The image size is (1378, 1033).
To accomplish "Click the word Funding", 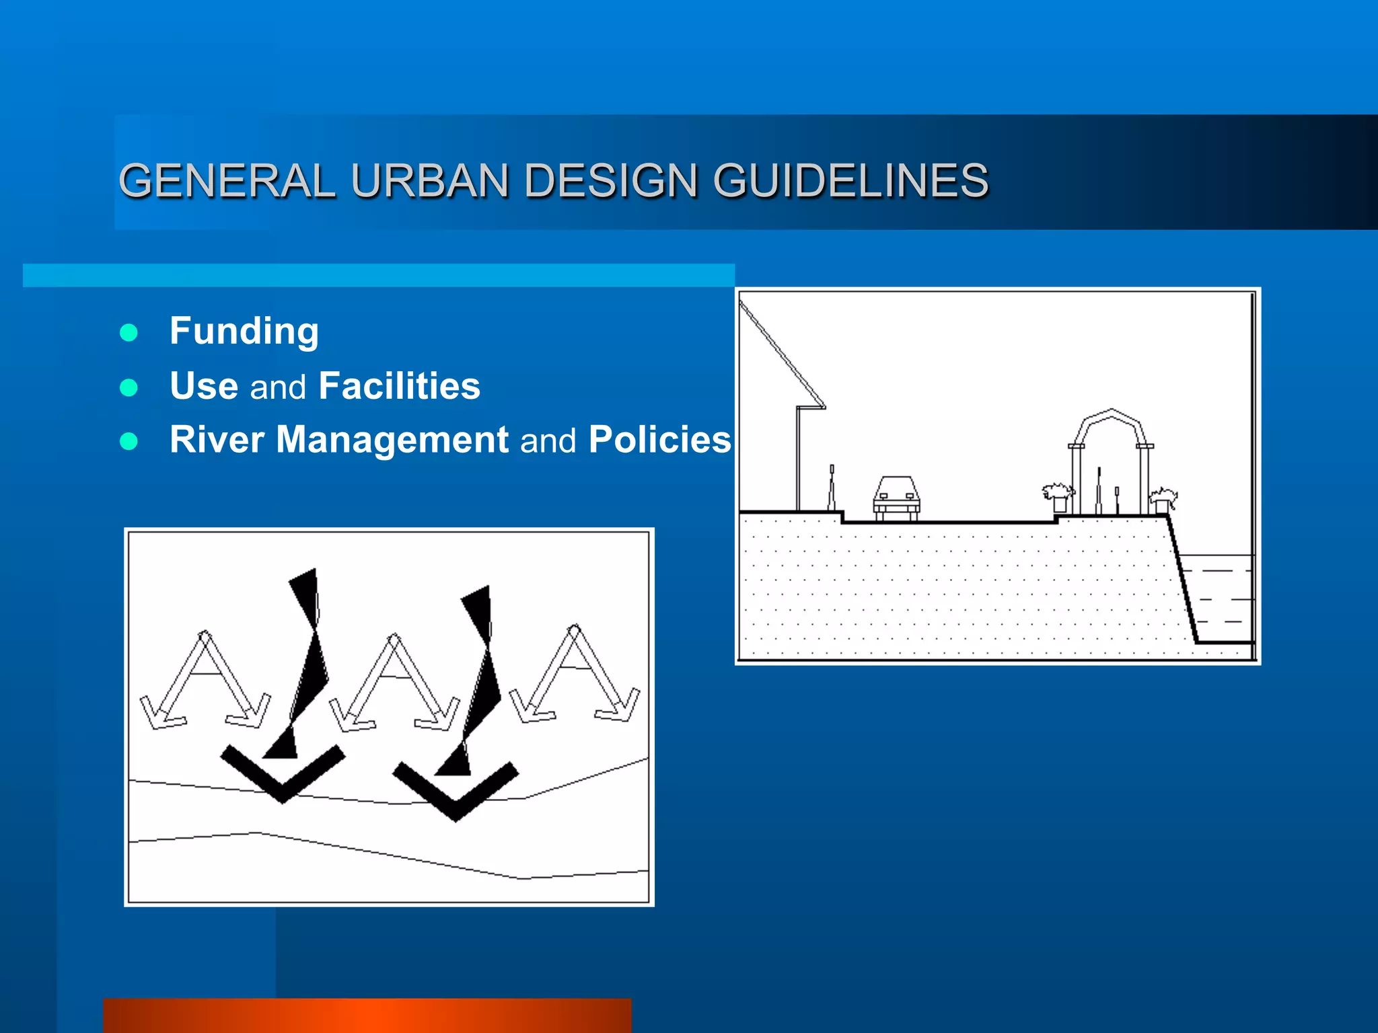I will point(244,331).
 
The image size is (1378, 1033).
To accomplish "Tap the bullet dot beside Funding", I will point(129,332).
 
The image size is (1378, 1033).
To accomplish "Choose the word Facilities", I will point(400,386).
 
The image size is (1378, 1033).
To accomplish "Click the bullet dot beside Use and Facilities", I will point(129,387).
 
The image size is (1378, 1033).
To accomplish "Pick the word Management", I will point(392,440).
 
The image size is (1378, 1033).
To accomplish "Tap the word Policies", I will point(659,440).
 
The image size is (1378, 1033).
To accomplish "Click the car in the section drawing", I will point(896,498).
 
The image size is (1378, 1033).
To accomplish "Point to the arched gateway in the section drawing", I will point(1112,457).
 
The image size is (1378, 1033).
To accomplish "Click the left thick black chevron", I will point(283,773).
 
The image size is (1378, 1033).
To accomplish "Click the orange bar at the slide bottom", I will point(367,1016).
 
